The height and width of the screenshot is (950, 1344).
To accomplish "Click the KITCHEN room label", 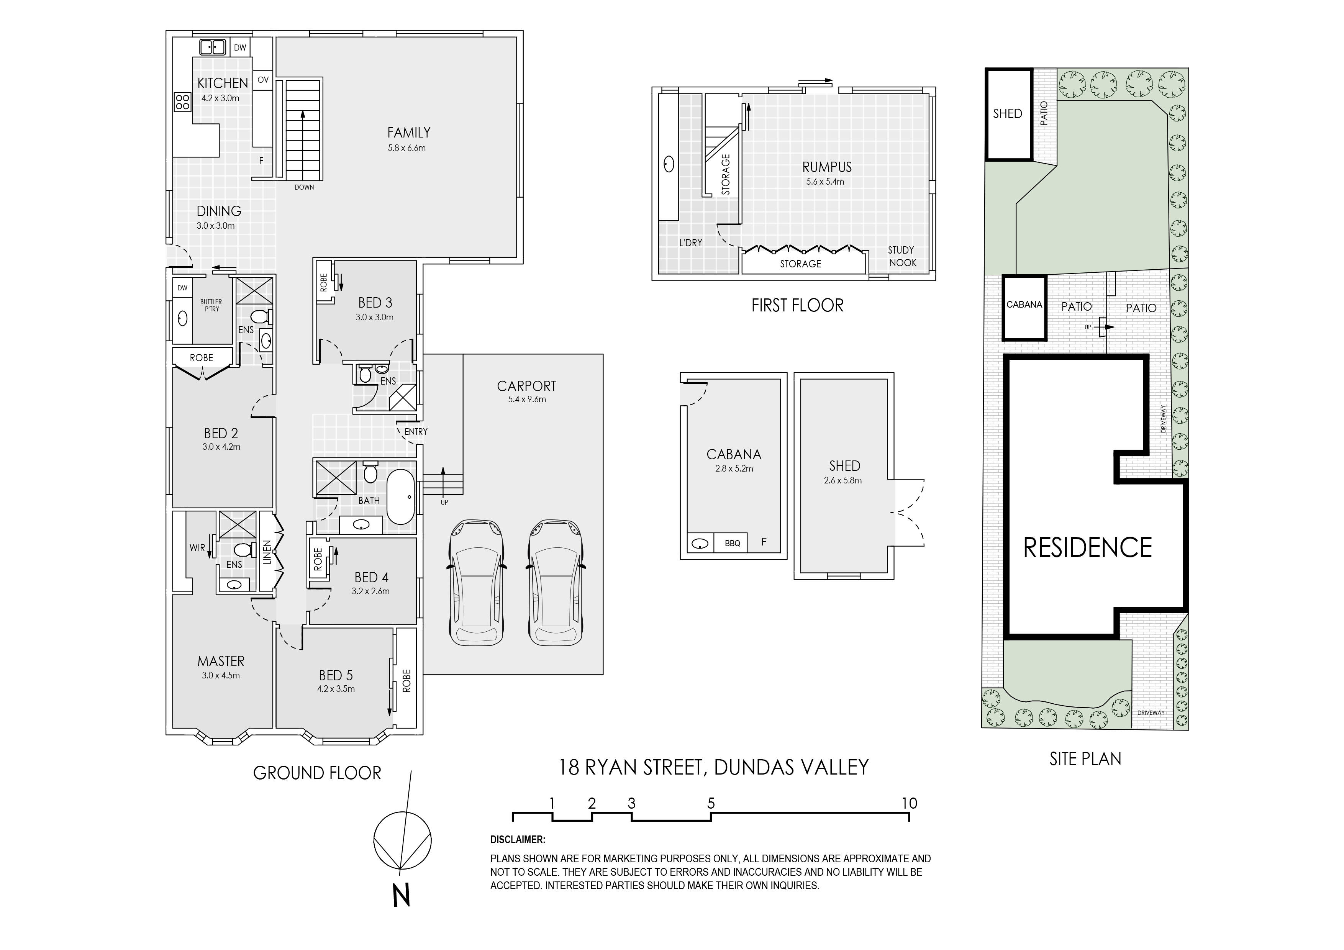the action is [x=223, y=83].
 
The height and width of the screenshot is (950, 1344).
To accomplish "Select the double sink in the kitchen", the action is [x=213, y=47].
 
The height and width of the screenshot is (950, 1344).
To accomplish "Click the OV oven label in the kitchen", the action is [x=264, y=80].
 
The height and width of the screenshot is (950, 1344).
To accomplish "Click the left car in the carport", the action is [x=477, y=582].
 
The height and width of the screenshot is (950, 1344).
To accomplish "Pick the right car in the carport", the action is [x=556, y=582].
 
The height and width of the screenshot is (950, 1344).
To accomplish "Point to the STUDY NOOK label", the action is [x=902, y=256].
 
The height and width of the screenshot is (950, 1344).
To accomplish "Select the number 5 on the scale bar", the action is [x=711, y=803].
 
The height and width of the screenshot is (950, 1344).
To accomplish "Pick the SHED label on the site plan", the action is [x=1007, y=113].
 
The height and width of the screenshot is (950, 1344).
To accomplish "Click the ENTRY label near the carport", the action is [x=416, y=431].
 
